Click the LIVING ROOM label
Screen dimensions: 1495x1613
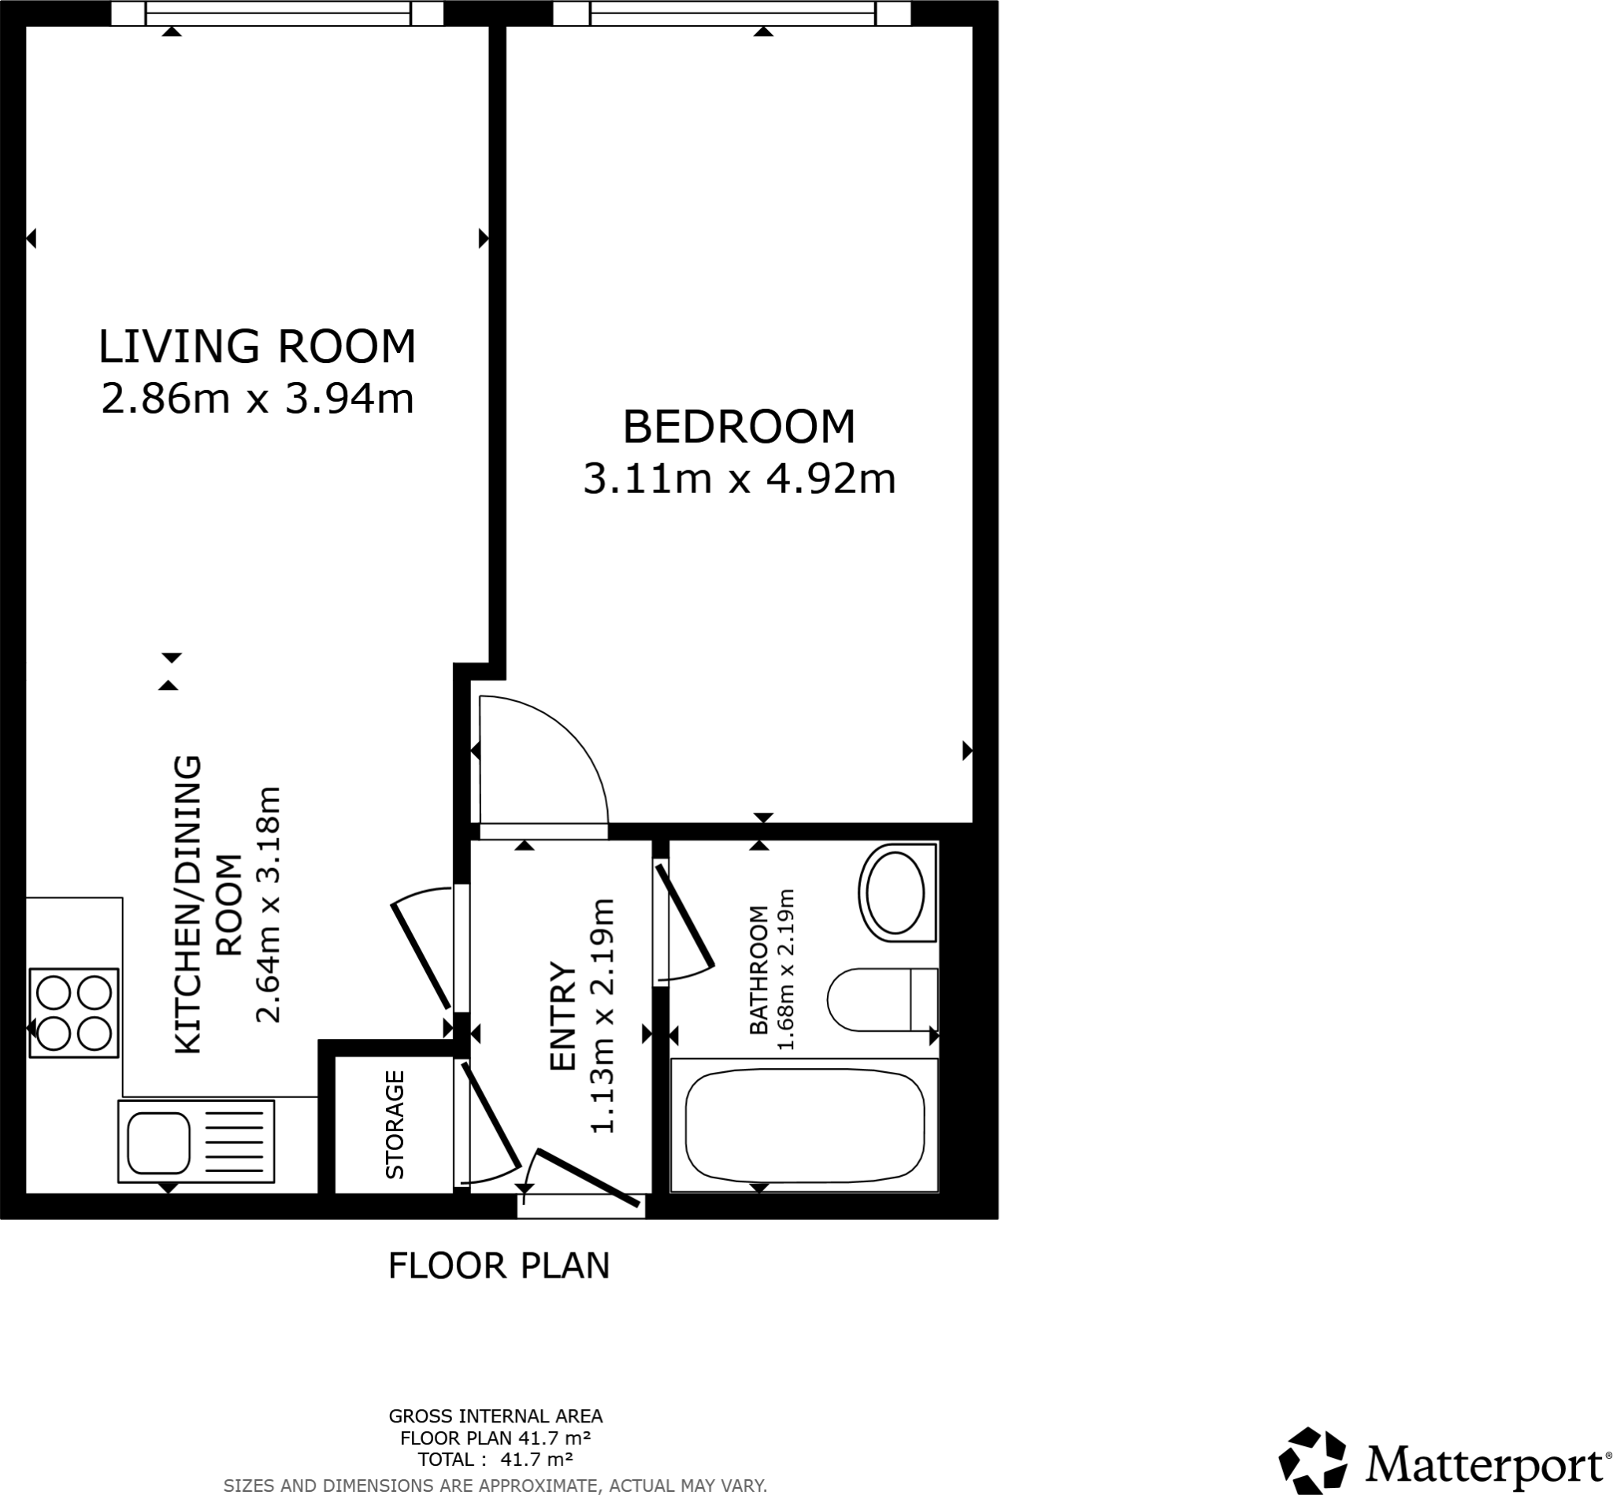[x=258, y=347]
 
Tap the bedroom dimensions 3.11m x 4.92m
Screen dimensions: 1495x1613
[x=739, y=479]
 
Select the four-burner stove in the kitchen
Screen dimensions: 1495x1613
[x=73, y=1012]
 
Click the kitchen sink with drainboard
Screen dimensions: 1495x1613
[x=197, y=1141]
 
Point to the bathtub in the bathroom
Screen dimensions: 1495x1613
[x=804, y=1125]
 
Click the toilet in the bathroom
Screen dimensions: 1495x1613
[x=882, y=999]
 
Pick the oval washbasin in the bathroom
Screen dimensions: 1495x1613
[x=895, y=893]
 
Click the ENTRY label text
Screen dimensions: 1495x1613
[x=562, y=1017]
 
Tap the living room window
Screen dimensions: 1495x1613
[x=277, y=13]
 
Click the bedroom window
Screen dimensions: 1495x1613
[x=732, y=13]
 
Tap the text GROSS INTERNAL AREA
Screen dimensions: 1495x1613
[x=495, y=1416]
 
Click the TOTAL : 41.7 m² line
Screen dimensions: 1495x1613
[x=495, y=1460]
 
